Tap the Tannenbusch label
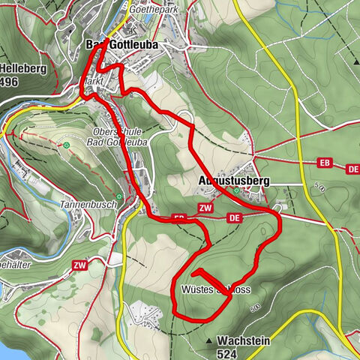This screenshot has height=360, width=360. click(x=84, y=204)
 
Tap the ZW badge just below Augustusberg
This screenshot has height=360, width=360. click(x=205, y=208)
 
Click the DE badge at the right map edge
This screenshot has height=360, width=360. click(x=352, y=169)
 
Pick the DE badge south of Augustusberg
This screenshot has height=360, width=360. click(x=234, y=217)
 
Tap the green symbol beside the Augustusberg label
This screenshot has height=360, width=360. click(x=237, y=190)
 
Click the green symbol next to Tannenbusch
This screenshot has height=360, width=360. click(x=118, y=196)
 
